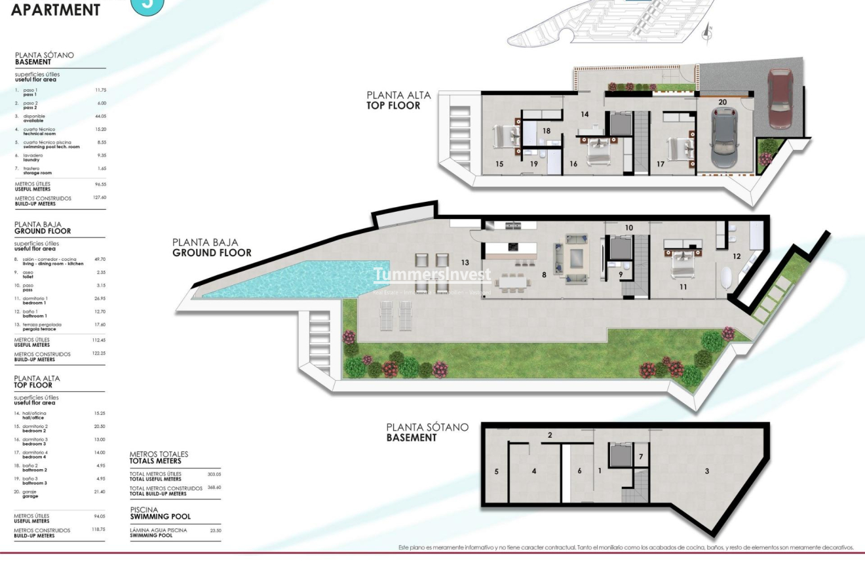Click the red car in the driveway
tap(780, 98)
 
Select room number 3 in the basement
tap(707, 471)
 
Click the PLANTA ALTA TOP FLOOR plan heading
tap(398, 100)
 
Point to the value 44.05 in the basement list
tap(100, 117)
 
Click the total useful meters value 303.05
tap(214, 474)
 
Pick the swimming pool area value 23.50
tap(215, 531)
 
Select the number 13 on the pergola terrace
tap(465, 263)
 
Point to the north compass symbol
tap(706, 33)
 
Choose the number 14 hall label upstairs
tap(585, 114)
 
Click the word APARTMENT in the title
tap(56, 10)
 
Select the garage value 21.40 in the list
tap(100, 492)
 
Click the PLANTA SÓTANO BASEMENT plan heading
tap(427, 433)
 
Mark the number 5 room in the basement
tap(496, 471)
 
